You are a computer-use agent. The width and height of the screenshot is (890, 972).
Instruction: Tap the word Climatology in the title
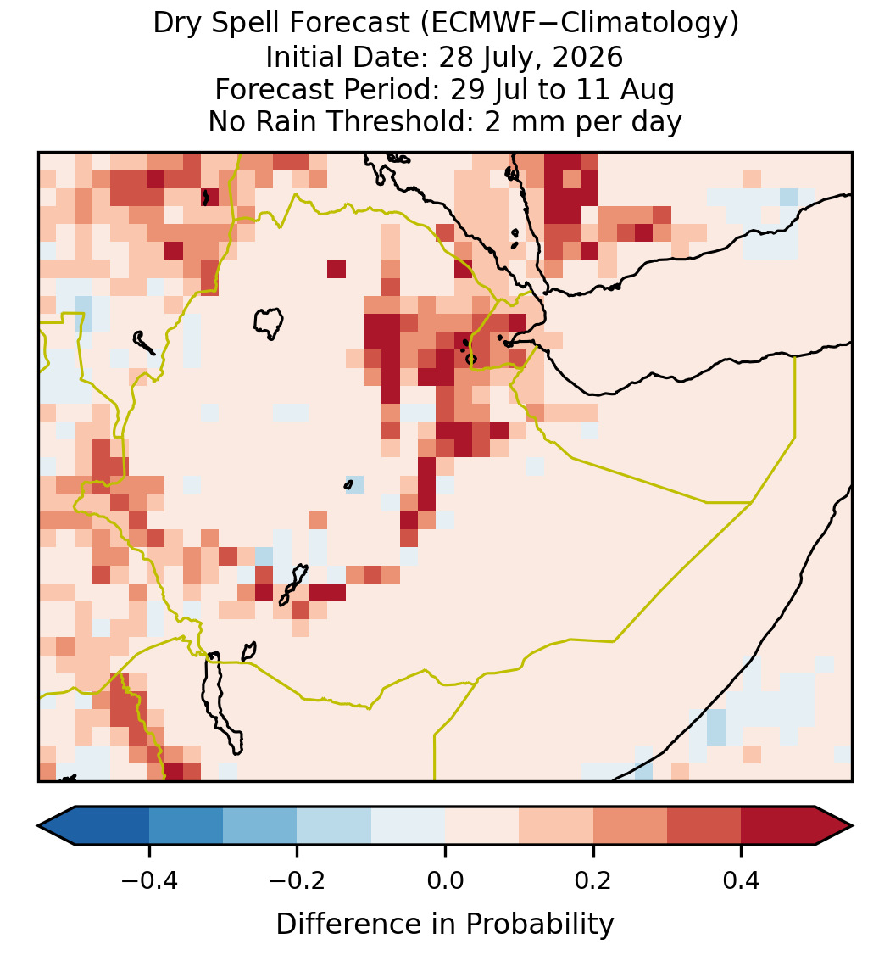(636, 25)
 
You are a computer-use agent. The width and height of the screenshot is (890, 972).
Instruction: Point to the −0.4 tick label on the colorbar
(149, 880)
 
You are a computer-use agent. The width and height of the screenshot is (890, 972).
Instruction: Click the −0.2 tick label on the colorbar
(297, 880)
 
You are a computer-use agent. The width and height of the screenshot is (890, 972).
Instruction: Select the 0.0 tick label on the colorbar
(445, 880)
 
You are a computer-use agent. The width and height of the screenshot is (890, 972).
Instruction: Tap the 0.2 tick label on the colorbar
(593, 880)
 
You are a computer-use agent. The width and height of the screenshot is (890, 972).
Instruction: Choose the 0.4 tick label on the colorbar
(742, 880)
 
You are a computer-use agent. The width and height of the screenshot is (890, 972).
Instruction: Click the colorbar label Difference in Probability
(445, 925)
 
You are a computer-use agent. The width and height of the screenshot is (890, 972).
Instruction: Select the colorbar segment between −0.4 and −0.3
(186, 826)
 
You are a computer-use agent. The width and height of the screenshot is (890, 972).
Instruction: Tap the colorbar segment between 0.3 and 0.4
(704, 826)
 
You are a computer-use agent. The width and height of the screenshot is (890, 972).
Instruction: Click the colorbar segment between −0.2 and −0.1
(334, 826)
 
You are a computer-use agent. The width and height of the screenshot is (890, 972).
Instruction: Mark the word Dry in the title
(170, 25)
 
